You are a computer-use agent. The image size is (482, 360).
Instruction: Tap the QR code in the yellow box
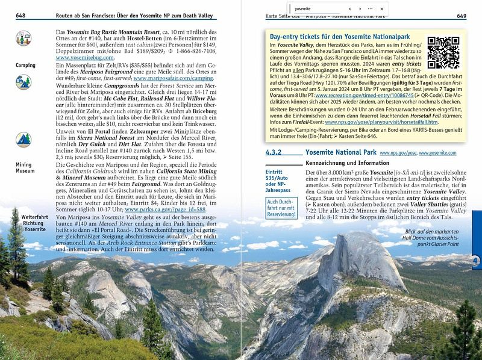(443, 53)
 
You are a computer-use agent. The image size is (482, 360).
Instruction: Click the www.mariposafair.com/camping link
(174, 78)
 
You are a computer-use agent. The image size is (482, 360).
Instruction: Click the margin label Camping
(25, 65)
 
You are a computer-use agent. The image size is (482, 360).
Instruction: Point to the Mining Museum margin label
(24, 167)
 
